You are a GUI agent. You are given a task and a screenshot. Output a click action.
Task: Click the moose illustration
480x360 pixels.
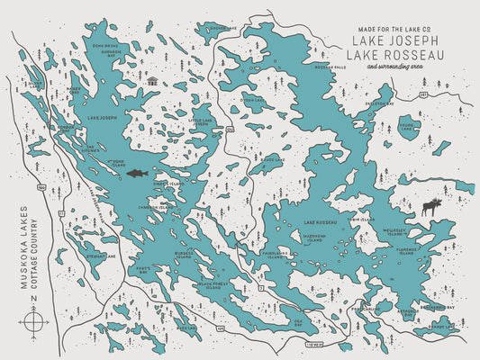pos(432,207)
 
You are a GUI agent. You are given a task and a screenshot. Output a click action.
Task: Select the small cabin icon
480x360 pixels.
pos(151,81)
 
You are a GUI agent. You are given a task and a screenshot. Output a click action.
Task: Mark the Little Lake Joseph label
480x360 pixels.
pos(199,121)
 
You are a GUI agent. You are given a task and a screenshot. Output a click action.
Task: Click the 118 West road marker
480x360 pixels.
pos(313,343)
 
